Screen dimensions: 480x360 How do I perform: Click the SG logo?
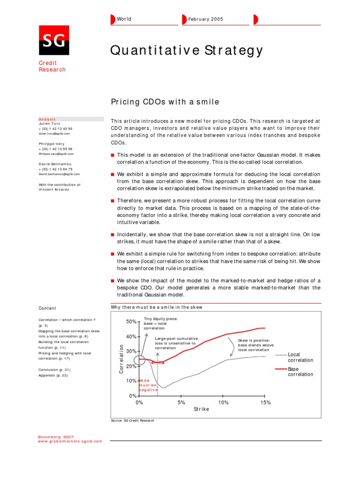tap(53, 40)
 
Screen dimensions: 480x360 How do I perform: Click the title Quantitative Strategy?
tap(187, 51)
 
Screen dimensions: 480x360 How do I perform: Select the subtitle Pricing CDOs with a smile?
tap(165, 102)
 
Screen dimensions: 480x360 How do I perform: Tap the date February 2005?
tap(205, 19)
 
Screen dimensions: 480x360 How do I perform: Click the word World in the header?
tap(124, 19)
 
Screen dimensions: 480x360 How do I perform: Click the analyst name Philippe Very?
tap(52, 143)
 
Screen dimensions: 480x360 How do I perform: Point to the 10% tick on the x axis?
tap(224, 402)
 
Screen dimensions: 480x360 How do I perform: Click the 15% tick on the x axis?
tap(265, 402)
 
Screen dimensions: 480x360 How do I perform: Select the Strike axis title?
tap(202, 409)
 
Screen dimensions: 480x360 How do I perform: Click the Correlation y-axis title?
tap(121, 359)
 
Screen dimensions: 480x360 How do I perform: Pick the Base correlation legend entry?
tap(300, 372)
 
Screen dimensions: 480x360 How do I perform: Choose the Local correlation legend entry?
tap(300, 358)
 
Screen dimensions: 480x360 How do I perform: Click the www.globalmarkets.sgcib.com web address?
tap(70, 441)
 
